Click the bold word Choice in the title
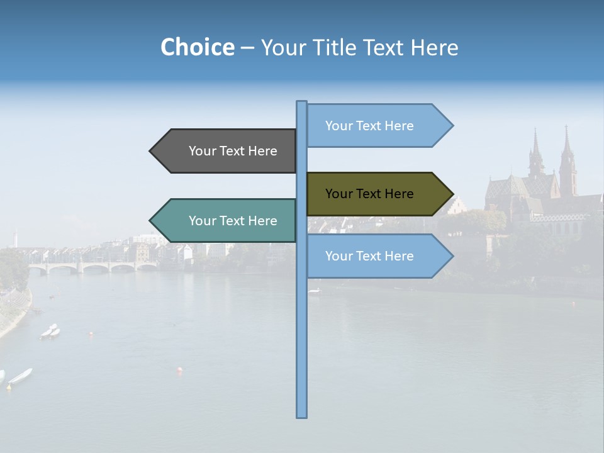coord(197,47)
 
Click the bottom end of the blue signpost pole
coord(302,415)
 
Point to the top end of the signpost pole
coord(302,103)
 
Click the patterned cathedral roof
coord(510,189)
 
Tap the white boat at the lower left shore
coord(20,376)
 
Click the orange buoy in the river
coord(179,370)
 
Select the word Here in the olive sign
coord(399,194)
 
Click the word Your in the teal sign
coord(203,221)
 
